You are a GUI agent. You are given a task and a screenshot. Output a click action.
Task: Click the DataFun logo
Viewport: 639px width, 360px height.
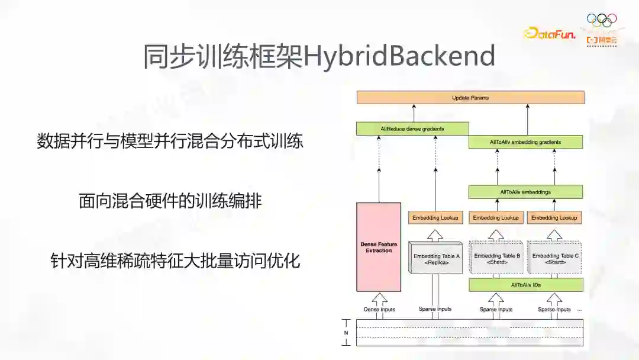tap(550, 34)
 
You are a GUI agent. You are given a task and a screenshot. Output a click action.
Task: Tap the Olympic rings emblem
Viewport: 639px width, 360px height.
tap(601, 20)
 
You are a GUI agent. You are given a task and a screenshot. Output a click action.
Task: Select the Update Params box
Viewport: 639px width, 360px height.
tap(470, 98)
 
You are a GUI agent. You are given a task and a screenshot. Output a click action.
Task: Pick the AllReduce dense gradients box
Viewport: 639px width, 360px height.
tap(412, 128)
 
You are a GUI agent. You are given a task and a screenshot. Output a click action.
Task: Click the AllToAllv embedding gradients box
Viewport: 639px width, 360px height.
tap(525, 142)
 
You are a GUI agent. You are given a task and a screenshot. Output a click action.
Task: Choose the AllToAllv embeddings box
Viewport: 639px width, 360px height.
tap(525, 192)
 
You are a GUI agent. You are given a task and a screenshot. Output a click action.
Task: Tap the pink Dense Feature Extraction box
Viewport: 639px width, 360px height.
tap(379, 247)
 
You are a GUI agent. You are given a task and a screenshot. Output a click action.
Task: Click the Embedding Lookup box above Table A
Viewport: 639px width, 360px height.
tap(435, 218)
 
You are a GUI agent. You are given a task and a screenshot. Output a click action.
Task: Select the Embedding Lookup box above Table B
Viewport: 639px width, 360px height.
tap(495, 218)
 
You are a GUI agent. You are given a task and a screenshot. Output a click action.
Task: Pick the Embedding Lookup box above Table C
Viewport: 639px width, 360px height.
tap(554, 218)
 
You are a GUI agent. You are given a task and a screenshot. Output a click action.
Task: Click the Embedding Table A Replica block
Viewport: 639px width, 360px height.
tap(436, 258)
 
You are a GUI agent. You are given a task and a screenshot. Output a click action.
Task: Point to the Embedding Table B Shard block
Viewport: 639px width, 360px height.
tap(497, 258)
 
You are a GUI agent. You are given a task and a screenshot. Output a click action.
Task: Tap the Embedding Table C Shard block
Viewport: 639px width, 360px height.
tap(555, 258)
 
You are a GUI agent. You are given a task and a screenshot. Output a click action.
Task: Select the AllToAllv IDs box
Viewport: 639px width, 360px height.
tap(525, 285)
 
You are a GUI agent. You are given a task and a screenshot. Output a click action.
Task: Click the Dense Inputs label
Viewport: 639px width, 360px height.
tap(379, 309)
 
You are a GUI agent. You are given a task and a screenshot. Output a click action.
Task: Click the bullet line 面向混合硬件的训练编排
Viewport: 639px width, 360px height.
tap(170, 201)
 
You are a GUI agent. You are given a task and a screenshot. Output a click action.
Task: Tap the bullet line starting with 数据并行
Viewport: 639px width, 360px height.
tap(170, 142)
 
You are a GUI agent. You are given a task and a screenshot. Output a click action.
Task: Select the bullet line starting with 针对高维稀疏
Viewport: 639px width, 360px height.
tap(175, 261)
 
